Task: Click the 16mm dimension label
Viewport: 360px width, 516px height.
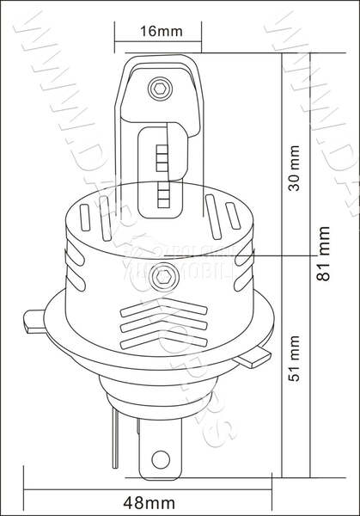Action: click(160, 32)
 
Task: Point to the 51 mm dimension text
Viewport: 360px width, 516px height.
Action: click(295, 363)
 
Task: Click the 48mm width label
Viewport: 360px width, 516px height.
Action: click(150, 501)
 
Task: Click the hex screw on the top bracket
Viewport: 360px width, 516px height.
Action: click(159, 88)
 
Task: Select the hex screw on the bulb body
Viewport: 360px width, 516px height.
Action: click(160, 277)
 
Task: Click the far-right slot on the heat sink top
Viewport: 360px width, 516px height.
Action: click(237, 217)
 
